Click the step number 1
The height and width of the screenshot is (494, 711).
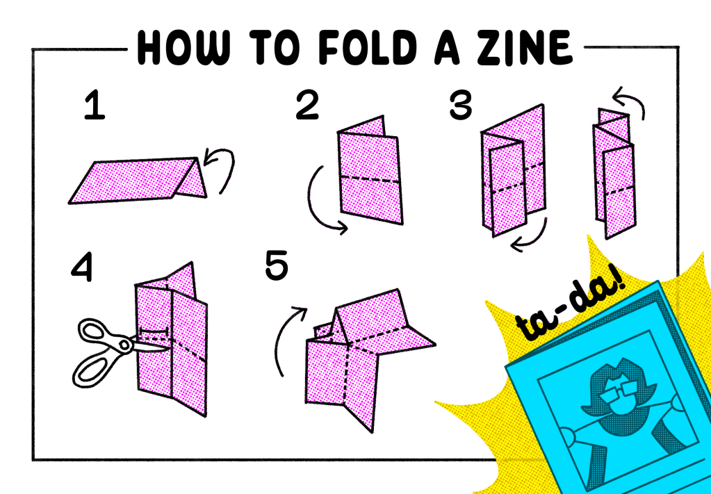(95, 106)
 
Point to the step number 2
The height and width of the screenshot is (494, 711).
(307, 106)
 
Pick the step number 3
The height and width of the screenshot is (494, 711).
(460, 106)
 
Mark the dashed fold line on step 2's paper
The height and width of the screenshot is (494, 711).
(370, 179)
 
